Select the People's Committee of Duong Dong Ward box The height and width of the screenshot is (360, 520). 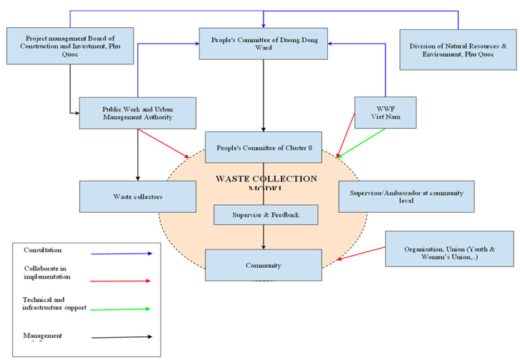coord(264,43)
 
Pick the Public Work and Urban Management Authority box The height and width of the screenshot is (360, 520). coord(137,113)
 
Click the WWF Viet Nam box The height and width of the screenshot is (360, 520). coord(386,112)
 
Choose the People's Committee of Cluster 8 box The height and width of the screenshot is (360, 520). coord(264,149)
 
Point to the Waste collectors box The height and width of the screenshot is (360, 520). coord(137,196)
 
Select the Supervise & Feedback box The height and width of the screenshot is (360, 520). coord(265,214)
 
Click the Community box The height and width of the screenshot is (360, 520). coord(264,265)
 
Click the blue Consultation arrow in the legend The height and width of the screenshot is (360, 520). coord(121,253)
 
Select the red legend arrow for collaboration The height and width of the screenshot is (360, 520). coord(121,281)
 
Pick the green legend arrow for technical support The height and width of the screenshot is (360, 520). coord(121,309)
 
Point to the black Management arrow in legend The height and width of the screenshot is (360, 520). coord(121,336)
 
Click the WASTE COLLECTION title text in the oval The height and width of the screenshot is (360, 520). coord(266,178)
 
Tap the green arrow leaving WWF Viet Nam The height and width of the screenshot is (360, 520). coord(361,143)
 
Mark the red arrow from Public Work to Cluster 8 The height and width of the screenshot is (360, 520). coord(164,143)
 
